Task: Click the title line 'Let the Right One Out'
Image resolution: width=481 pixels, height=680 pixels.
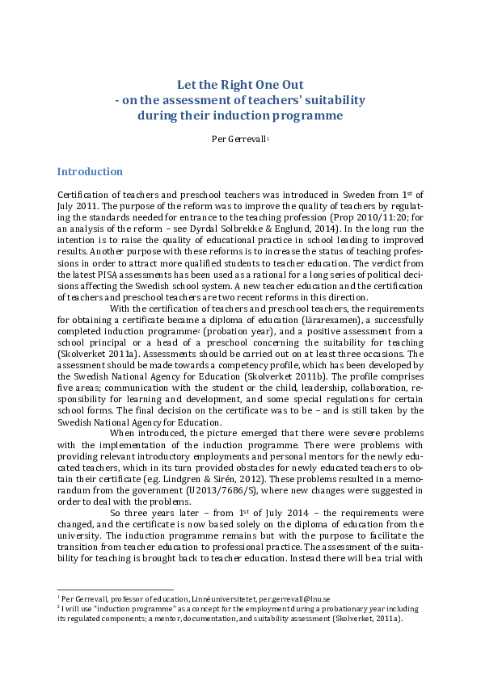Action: tap(240, 84)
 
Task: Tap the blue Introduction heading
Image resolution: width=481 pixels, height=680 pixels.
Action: tap(90, 172)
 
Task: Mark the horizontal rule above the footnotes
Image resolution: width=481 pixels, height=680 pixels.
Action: tap(116, 589)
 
